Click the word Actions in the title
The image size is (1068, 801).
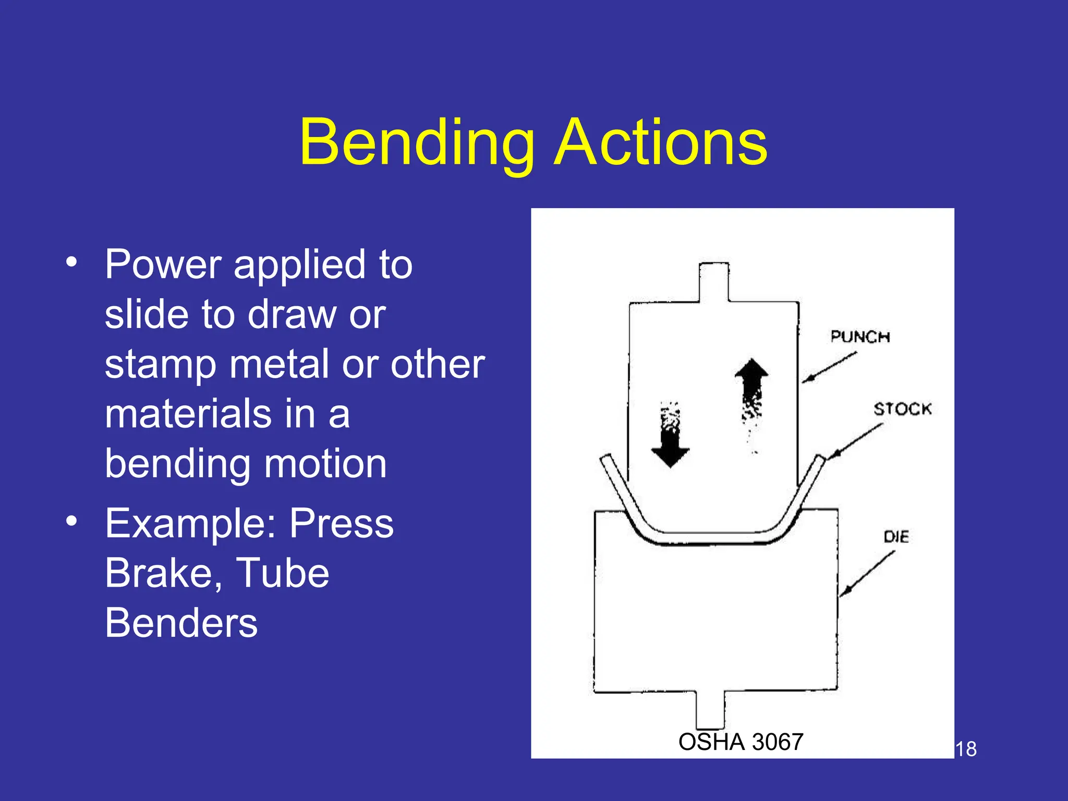[x=661, y=142]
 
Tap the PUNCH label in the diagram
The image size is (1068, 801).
[x=860, y=337]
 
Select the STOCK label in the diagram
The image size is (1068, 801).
[x=902, y=409]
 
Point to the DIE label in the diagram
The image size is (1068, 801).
[x=896, y=537]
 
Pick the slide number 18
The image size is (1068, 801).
[x=966, y=749]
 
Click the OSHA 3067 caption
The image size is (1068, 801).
[x=741, y=742]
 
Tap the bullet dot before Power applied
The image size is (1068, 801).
[x=71, y=261]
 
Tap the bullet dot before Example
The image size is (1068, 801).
[x=71, y=520]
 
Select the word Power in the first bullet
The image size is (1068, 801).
[x=163, y=264]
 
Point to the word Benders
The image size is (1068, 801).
[x=181, y=623]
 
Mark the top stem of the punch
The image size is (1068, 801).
[x=713, y=282]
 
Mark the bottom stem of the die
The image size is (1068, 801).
[x=710, y=710]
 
